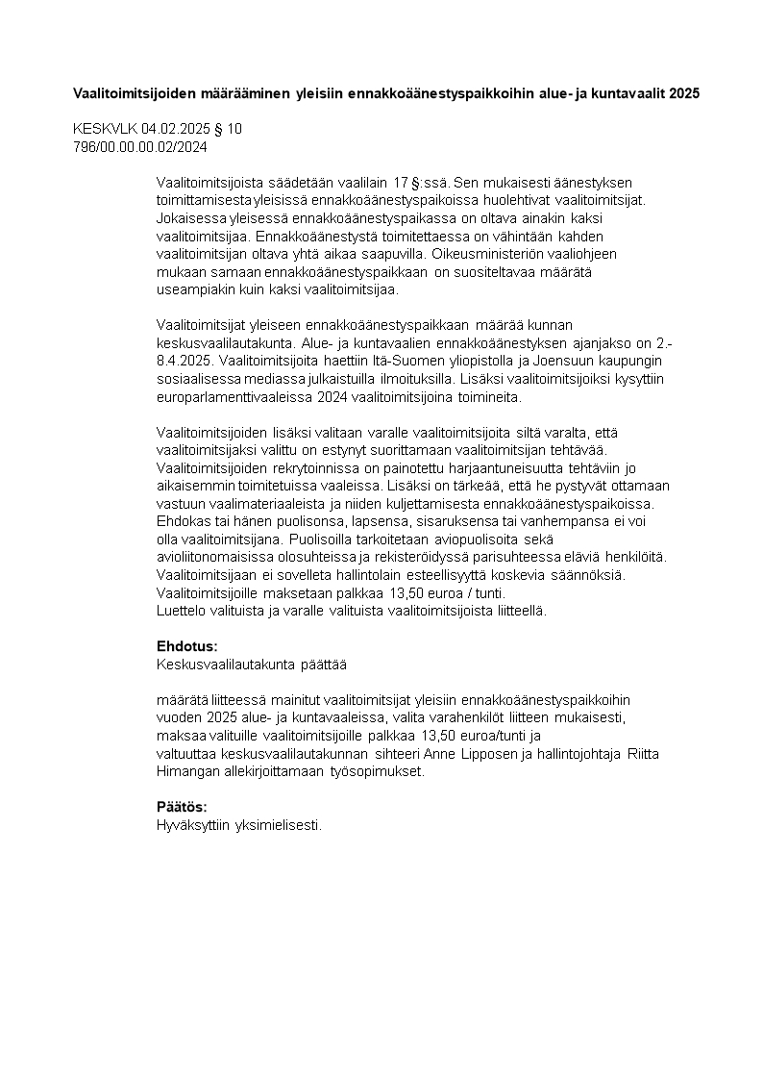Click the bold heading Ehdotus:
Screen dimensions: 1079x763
[186, 646]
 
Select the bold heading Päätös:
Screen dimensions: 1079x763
[182, 807]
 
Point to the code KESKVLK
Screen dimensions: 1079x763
[105, 128]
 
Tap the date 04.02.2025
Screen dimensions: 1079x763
[175, 128]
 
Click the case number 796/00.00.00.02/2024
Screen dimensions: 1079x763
[140, 146]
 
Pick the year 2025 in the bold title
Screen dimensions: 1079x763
[684, 93]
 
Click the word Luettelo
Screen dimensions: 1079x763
[181, 610]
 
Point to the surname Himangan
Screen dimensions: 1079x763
[188, 770]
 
